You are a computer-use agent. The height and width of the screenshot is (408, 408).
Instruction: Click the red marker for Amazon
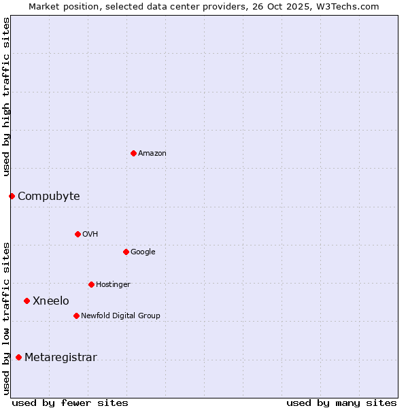tap(133, 153)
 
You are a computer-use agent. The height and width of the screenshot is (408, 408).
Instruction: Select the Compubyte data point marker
tap(12, 196)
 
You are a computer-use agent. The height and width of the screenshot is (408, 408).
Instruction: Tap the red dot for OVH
tap(78, 234)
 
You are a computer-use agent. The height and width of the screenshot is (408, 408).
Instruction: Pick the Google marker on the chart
tap(126, 252)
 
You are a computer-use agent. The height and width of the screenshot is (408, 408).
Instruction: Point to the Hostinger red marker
tap(91, 284)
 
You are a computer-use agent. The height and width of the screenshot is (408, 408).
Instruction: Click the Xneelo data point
tap(27, 301)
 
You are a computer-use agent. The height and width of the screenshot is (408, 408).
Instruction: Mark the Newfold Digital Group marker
tap(76, 316)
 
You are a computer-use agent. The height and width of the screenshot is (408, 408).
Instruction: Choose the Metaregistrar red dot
tap(18, 357)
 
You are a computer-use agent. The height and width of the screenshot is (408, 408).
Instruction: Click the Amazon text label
tap(152, 154)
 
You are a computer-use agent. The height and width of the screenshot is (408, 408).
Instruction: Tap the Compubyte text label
tap(48, 197)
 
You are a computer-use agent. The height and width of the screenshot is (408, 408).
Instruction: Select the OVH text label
tap(90, 235)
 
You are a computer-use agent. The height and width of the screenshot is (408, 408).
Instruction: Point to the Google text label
tap(143, 252)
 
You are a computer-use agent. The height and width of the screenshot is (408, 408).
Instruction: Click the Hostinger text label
tap(113, 285)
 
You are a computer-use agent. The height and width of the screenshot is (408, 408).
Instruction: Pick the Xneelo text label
tap(51, 301)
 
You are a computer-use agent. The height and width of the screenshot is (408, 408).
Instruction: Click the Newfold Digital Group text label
tap(120, 316)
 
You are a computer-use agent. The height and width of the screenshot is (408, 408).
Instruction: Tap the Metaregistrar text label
tap(61, 358)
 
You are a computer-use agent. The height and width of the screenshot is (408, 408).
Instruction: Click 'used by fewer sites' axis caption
tap(70, 403)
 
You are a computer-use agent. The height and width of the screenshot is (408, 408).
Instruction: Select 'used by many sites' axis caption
tap(341, 403)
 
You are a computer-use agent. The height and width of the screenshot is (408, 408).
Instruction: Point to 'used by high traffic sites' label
tap(6, 97)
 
